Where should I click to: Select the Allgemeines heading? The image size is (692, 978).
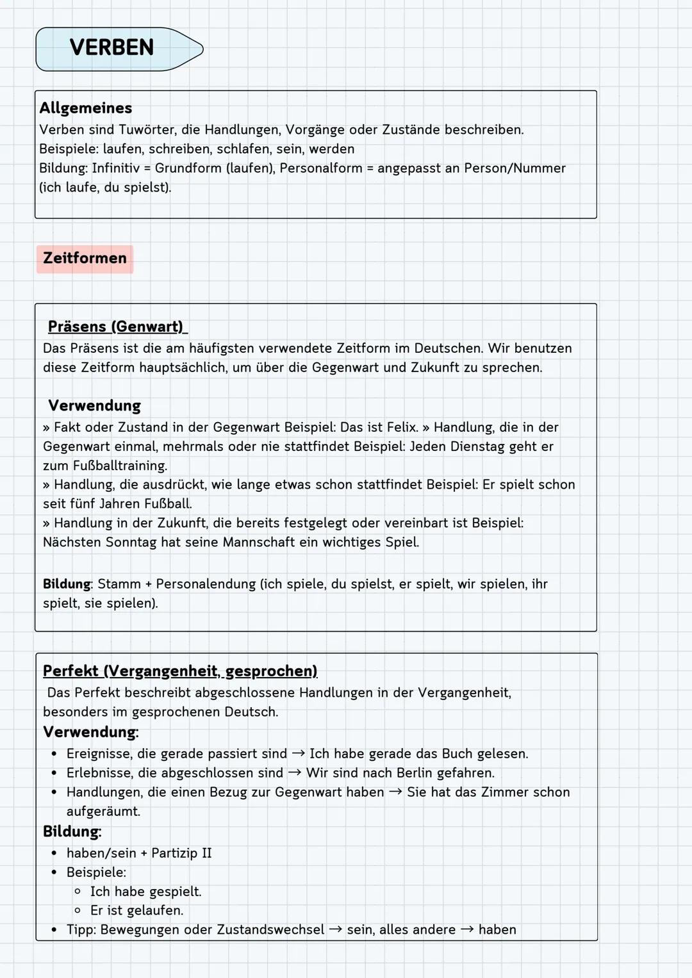[86, 108]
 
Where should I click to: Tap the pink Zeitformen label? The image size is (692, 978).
[85, 259]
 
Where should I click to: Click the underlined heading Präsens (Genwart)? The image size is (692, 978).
[116, 327]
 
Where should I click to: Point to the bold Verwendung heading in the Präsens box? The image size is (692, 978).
[94, 405]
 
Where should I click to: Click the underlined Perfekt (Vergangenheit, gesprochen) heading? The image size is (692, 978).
[180, 671]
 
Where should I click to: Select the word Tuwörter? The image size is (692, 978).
[144, 130]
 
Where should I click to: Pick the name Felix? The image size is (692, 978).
[402, 427]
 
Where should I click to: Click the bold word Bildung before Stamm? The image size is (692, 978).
[67, 584]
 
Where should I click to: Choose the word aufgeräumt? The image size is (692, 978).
[103, 811]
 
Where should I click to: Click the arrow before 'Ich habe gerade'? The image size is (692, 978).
[298, 754]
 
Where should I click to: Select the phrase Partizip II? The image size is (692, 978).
[181, 853]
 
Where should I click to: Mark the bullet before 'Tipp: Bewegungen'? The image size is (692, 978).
[54, 930]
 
